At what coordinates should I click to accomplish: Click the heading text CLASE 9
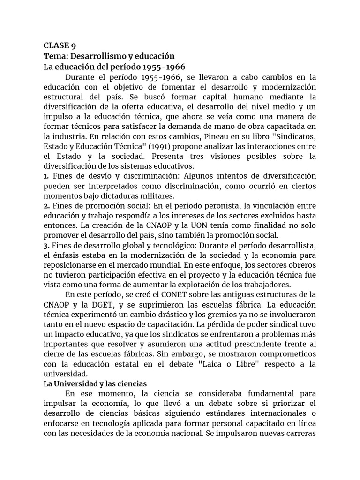point(60,45)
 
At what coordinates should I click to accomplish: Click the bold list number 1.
point(46,175)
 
